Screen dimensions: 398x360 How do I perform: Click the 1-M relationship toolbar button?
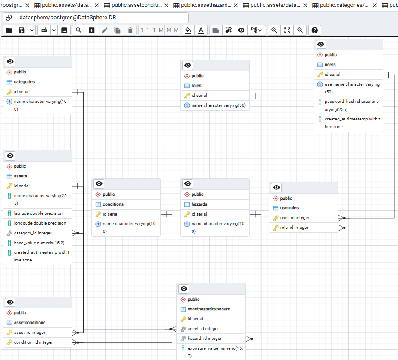pyautogui.click(x=158, y=30)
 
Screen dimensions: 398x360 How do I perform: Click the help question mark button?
pyautogui.click(x=314, y=30)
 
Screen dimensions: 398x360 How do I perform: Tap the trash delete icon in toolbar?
pyautogui.click(x=130, y=30)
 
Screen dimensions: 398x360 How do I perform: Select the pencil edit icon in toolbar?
pyautogui.click(x=104, y=30)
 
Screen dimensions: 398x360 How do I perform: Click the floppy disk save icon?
pyautogui.click(x=22, y=30)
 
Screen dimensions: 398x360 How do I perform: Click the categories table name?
pyautogui.click(x=24, y=82)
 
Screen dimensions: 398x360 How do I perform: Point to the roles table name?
pyautogui.click(x=196, y=85)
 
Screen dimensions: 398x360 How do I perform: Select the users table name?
pyautogui.click(x=330, y=64)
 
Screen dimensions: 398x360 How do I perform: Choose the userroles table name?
pyautogui.click(x=289, y=208)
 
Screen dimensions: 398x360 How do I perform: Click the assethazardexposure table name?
pyautogui.click(x=208, y=309)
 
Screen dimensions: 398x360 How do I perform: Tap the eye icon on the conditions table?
pyautogui.click(x=99, y=184)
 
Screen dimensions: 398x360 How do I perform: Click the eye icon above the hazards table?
pyautogui.click(x=188, y=184)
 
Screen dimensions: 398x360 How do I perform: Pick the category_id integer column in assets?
pyautogui.click(x=33, y=233)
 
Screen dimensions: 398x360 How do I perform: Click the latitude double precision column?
pyautogui.click(x=38, y=213)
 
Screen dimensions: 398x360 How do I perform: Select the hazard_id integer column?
pyautogui.click(x=205, y=339)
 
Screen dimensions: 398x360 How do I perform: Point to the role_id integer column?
pyautogui.click(x=294, y=228)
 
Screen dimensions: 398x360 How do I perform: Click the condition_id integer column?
pyautogui.click(x=33, y=342)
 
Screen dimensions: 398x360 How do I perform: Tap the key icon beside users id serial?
pyautogui.click(x=320, y=74)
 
